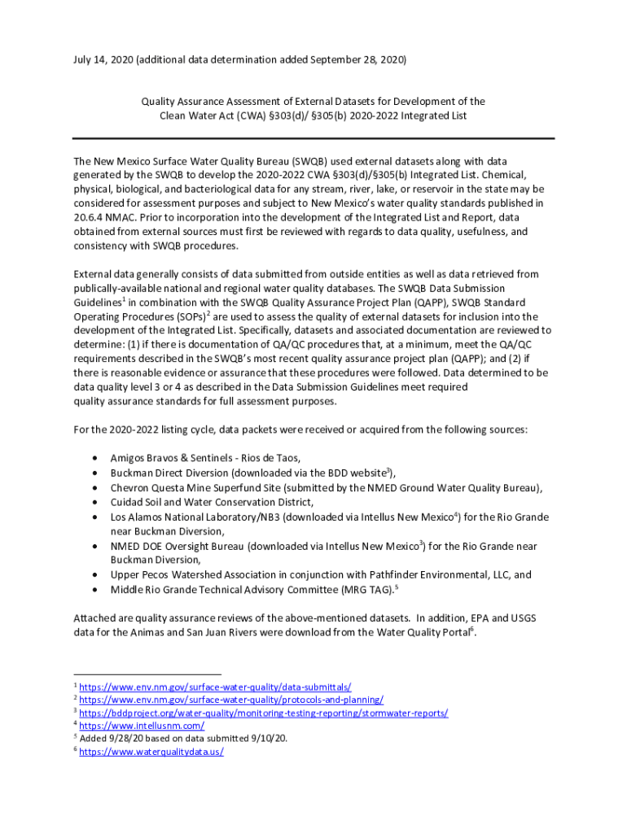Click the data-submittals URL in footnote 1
point(215,687)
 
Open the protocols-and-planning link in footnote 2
point(231,700)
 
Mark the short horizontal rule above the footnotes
point(147,674)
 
